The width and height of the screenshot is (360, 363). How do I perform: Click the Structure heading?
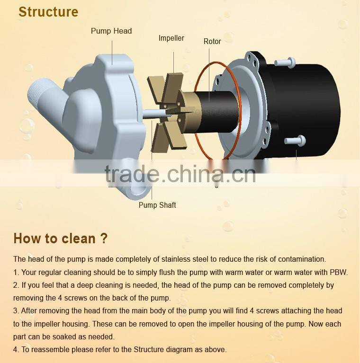point(48,12)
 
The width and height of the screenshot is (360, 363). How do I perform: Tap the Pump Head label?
point(111,31)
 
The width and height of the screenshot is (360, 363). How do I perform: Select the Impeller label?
point(171,38)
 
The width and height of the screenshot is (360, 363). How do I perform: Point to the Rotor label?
point(212,42)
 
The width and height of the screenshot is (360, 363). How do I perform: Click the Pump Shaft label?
point(157,205)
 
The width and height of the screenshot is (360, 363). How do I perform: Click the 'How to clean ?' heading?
point(61,238)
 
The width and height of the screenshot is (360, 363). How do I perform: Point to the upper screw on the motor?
point(284,62)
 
